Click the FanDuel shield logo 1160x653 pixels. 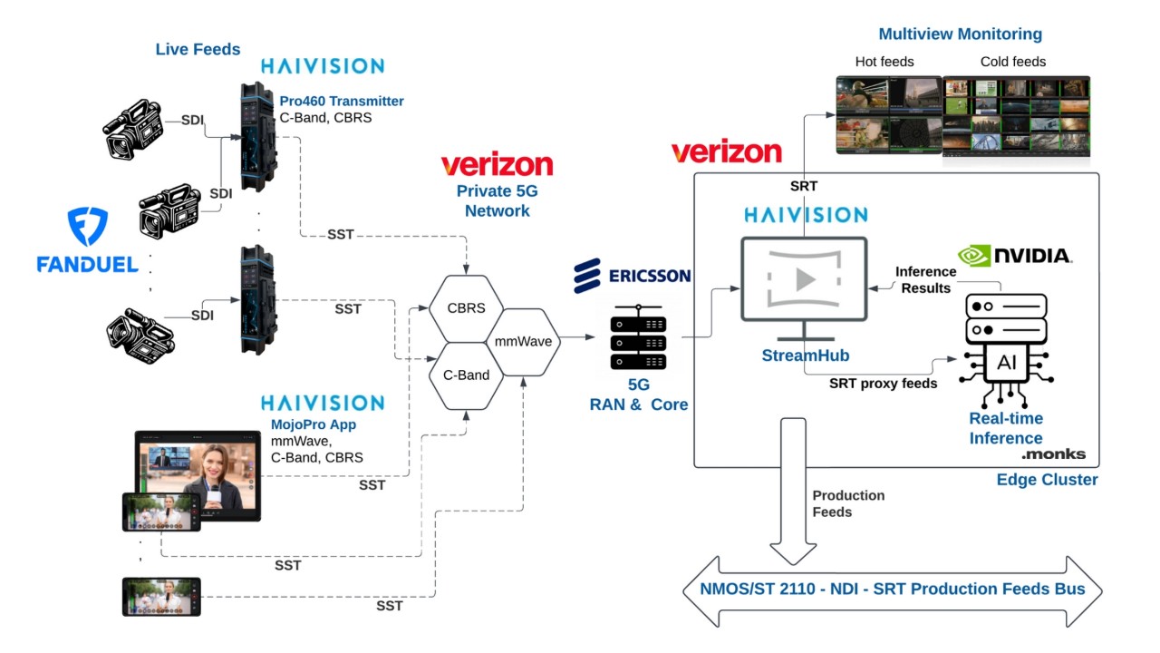88,228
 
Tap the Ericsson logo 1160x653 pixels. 633,276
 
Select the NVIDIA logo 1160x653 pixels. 1015,256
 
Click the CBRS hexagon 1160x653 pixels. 466,308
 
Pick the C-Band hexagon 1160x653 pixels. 466,375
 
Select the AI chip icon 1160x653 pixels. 1006,364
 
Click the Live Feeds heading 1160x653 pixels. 198,49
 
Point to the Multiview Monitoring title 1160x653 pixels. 960,34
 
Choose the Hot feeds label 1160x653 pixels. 884,62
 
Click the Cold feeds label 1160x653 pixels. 1013,62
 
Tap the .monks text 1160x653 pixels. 1053,453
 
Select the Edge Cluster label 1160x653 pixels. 1047,480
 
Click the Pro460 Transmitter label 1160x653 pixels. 341,102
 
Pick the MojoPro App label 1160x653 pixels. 314,424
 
